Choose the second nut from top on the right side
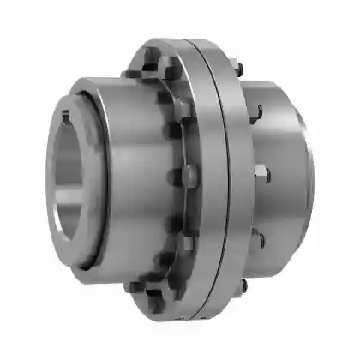256,110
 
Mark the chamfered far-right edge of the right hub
309,171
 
